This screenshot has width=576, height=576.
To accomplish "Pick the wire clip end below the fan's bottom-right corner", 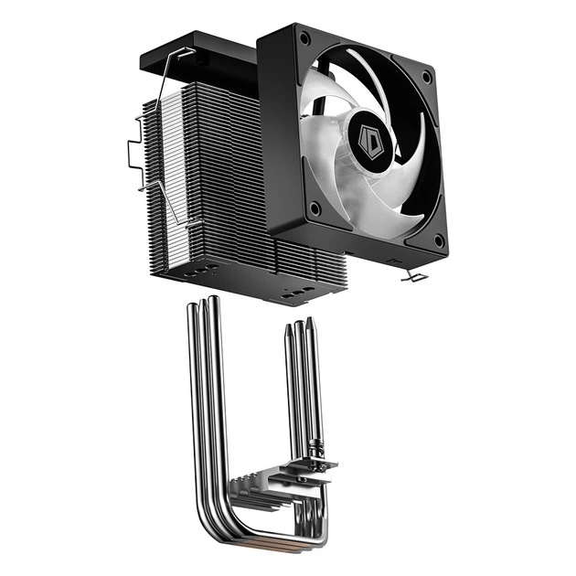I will coord(413,273).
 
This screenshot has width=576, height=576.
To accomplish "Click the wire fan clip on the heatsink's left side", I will coord(137,155).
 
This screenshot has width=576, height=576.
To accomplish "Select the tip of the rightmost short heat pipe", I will coord(311,321).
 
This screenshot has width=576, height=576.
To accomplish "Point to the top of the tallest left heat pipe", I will coord(213,299).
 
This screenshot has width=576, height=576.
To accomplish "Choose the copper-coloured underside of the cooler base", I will coord(274,546).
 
